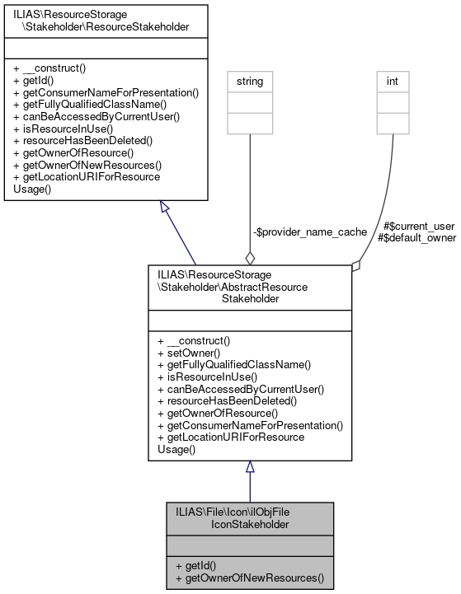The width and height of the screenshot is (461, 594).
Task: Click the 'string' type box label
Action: pyautogui.click(x=249, y=82)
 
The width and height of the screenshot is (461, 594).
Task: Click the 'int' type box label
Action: pyautogui.click(x=394, y=82)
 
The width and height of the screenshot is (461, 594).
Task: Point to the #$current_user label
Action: pyautogui.click(x=420, y=225)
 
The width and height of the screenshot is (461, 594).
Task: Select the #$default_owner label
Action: pyautogui.click(x=416, y=237)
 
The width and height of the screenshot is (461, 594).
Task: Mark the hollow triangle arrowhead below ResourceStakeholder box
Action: pyautogui.click(x=165, y=208)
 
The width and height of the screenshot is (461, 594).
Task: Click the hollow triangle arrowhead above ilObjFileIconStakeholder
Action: pyautogui.click(x=250, y=467)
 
